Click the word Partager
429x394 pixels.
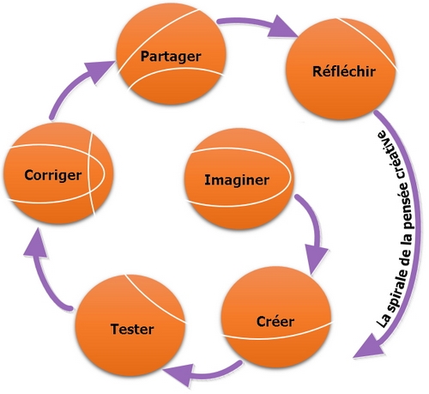coord(171,57)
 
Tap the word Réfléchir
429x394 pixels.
coord(344,71)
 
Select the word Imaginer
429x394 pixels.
coord(237,180)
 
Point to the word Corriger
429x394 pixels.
coord(53,175)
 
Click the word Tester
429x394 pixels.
coord(132,329)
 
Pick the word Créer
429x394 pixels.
coord(275,321)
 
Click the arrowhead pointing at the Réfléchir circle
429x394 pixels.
coord(282,27)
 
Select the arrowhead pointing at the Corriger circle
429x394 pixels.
coord(36,243)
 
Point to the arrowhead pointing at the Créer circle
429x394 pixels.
coord(316,258)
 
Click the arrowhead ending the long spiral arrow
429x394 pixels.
coord(368,346)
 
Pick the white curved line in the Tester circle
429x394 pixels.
coord(154,300)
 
